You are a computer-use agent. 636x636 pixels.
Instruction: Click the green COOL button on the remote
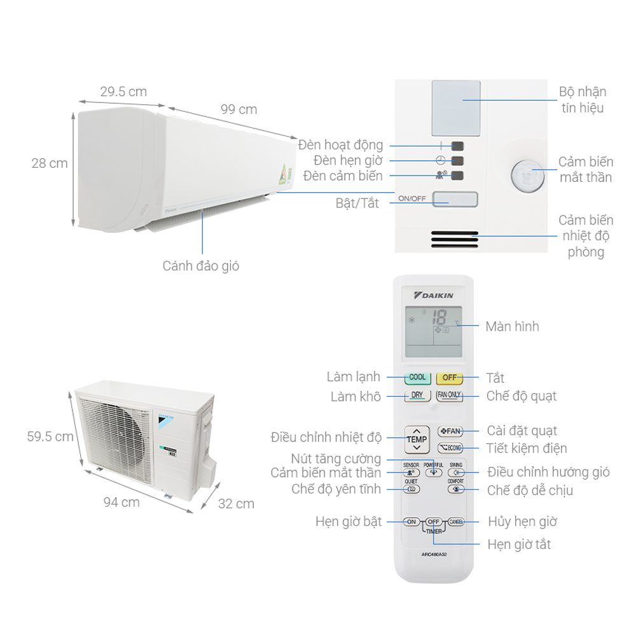417,378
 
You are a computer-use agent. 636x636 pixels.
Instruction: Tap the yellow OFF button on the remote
449,378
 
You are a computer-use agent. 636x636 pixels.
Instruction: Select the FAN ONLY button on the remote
449,395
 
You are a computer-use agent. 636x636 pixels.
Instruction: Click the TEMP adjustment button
417,439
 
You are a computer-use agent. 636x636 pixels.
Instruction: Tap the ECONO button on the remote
450,448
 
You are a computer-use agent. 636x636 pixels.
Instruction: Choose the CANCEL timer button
456,522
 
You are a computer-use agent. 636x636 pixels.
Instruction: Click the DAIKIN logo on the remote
434,296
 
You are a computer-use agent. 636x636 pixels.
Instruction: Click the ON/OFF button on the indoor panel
455,199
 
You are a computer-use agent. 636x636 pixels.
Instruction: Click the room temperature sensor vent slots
454,239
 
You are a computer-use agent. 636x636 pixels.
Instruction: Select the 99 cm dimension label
238,109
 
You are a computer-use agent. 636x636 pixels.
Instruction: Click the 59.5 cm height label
50,437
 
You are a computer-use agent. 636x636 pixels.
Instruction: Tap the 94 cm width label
121,502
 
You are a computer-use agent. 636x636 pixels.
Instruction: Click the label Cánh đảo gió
201,266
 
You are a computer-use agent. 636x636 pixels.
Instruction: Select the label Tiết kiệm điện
526,448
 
